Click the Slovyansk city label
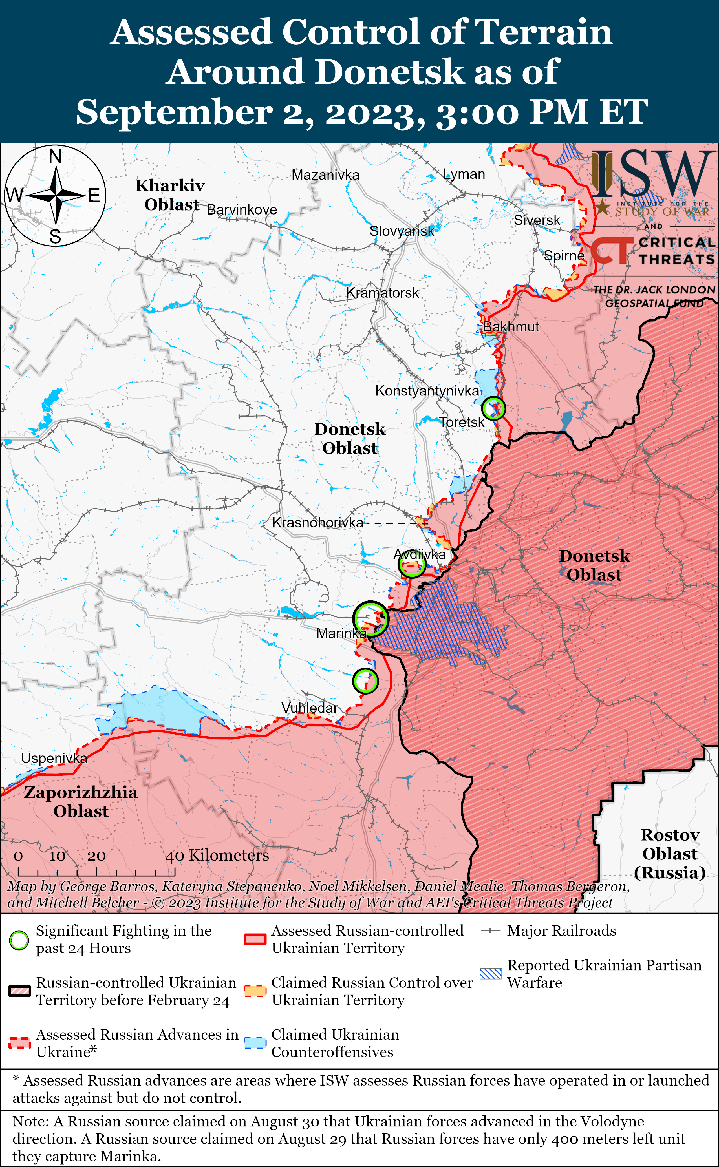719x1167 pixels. coord(402,231)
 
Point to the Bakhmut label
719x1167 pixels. coord(511,327)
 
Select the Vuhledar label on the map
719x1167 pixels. coord(310,708)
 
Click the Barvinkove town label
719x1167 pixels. coord(242,210)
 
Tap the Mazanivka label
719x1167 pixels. coord(326,175)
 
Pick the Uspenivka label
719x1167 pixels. coord(54,758)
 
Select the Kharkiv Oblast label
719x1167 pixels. coord(170,195)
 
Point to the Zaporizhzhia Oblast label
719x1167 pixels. coord(81,801)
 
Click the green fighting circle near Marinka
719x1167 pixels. coord(371,618)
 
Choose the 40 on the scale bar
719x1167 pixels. coord(175,856)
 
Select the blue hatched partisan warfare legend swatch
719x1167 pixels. coord(491,974)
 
